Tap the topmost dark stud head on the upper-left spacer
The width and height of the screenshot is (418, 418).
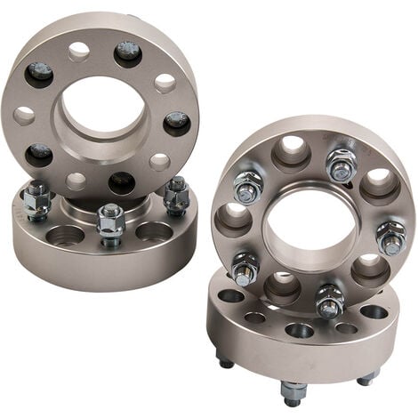129,52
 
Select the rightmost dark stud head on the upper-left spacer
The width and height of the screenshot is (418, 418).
176,122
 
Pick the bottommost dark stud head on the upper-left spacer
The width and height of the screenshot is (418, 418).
121,183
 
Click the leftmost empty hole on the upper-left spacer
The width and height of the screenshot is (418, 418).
24,115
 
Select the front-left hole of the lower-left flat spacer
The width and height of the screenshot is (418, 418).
64,237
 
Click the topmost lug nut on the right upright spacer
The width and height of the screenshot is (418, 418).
340,165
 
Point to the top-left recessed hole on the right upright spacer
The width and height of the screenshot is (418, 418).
290,151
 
